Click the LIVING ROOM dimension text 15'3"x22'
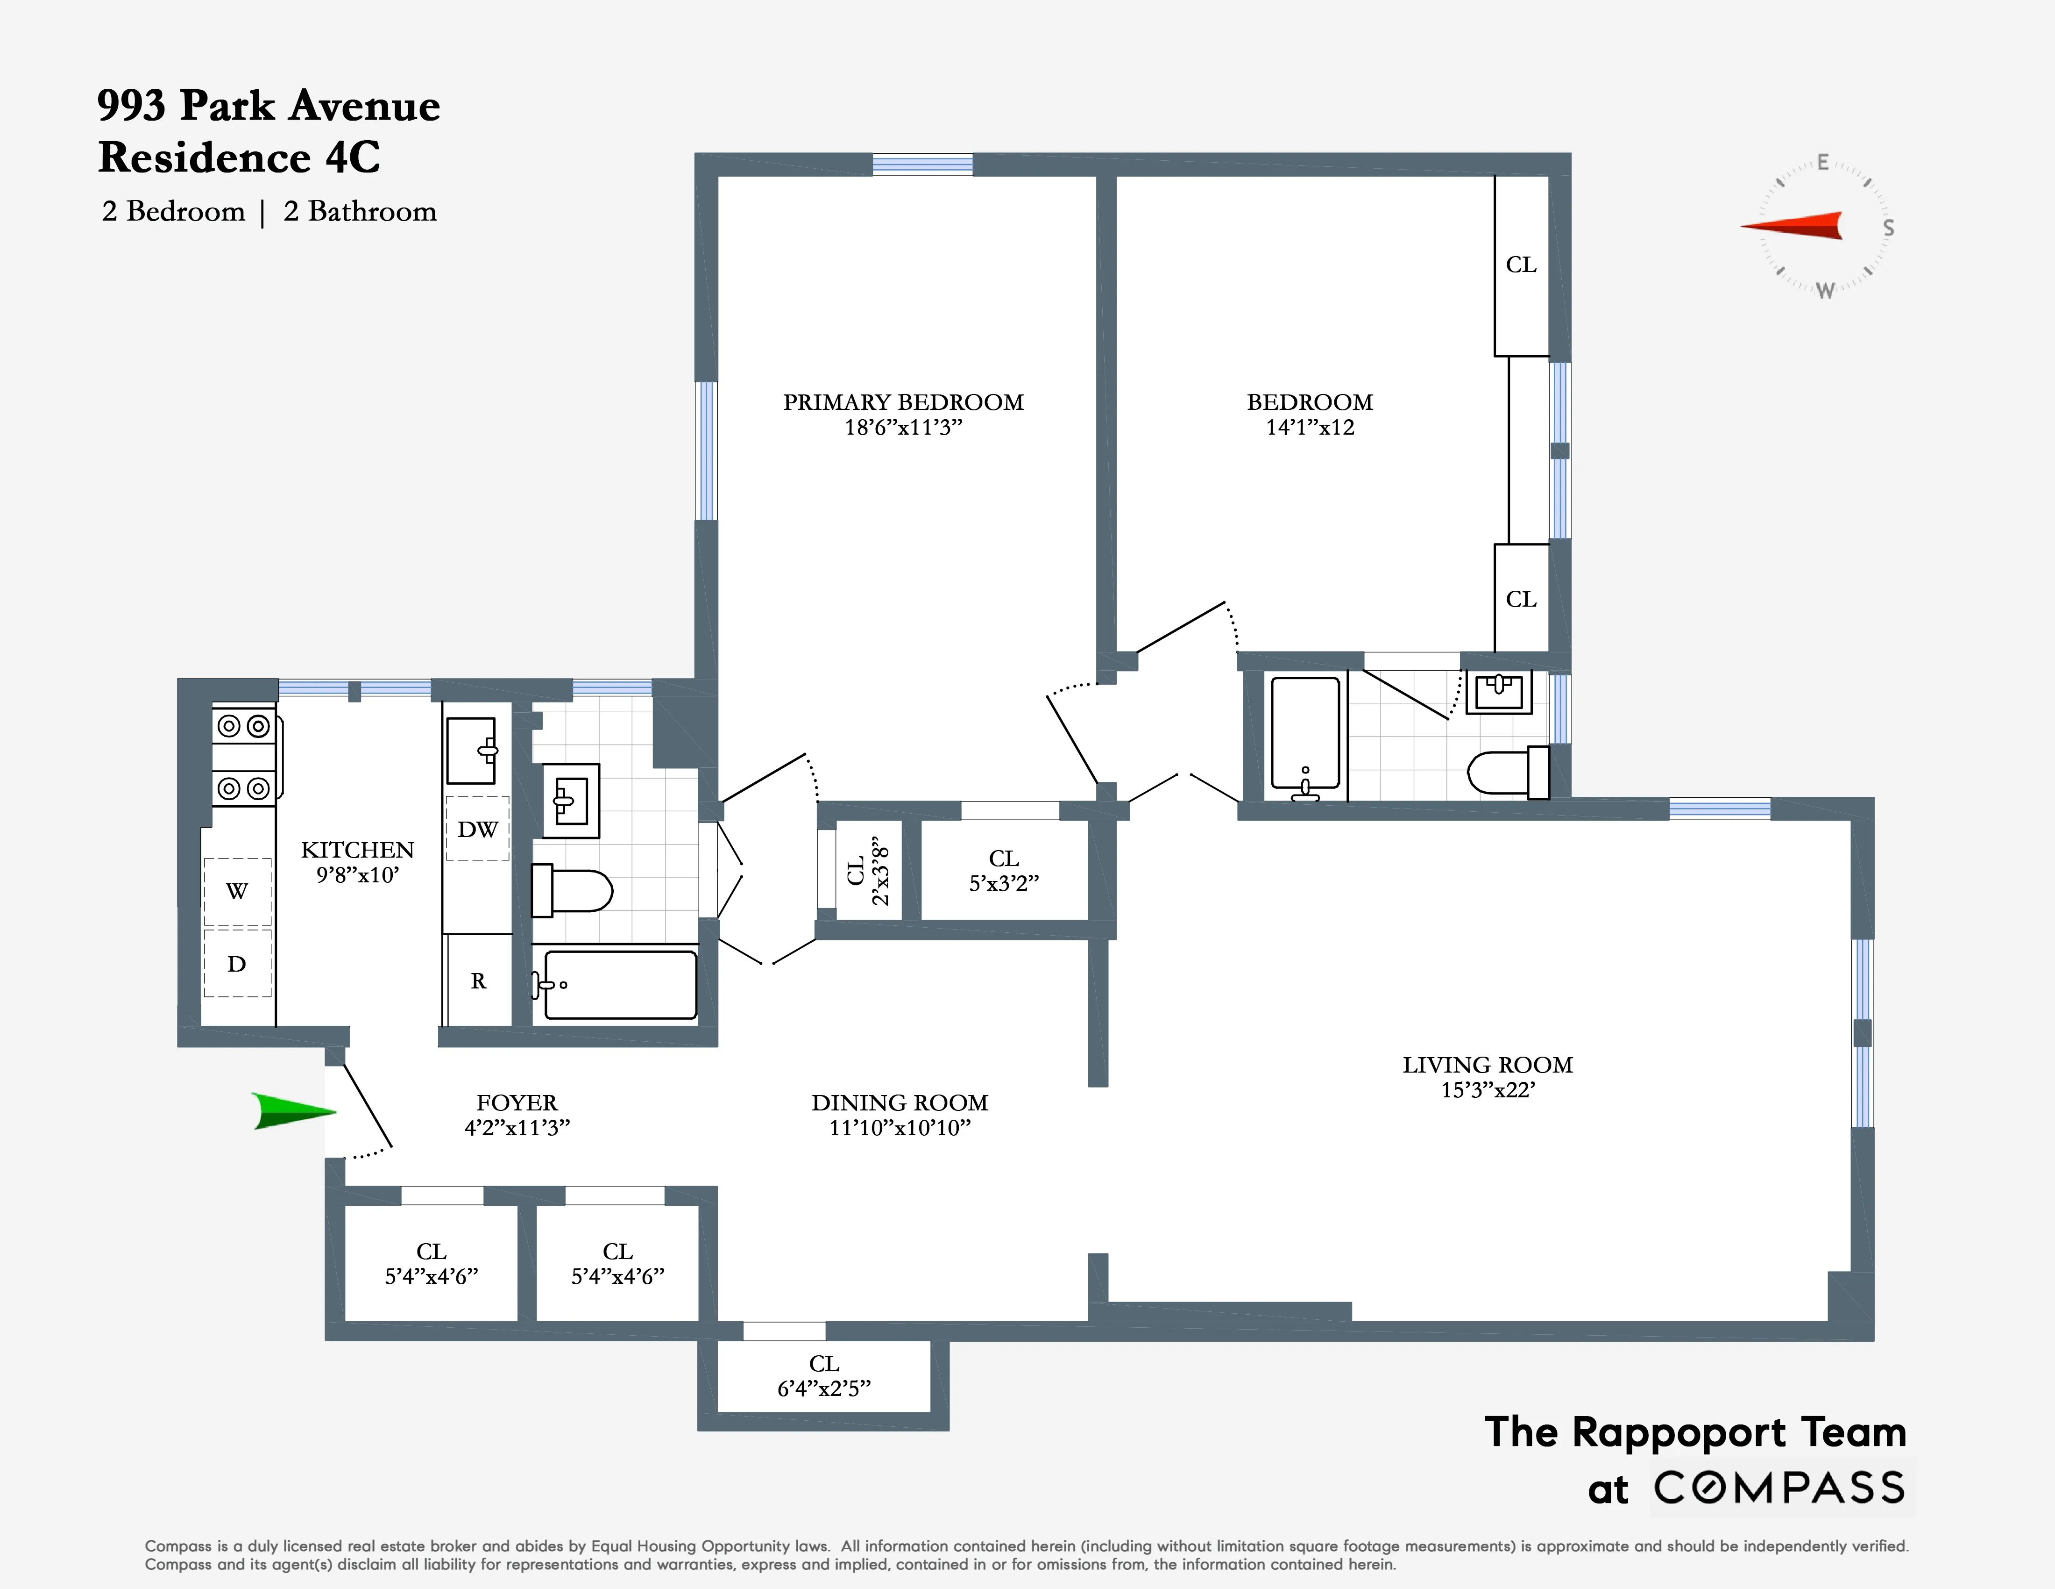click(x=1488, y=1090)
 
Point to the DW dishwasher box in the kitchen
click(x=477, y=829)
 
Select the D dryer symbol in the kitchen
click(x=237, y=963)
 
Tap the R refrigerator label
click(x=478, y=981)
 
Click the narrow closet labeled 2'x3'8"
click(x=868, y=871)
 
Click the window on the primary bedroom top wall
click(x=922, y=165)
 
